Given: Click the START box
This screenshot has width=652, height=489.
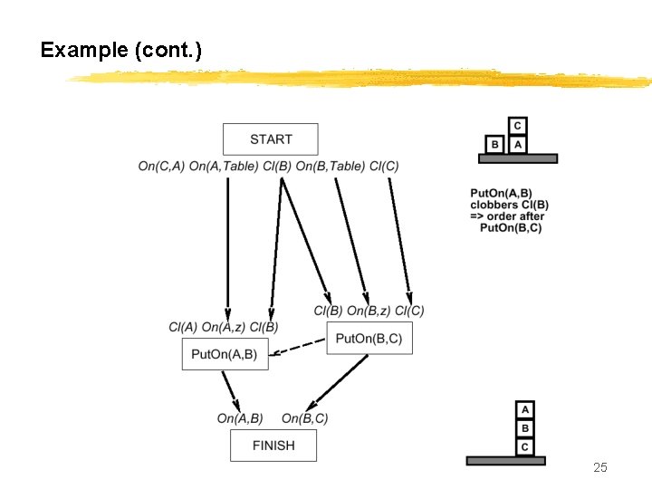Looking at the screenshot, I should (x=270, y=139).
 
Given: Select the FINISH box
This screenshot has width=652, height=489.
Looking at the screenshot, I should (x=273, y=446).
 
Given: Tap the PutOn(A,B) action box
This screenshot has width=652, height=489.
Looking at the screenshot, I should (x=225, y=354).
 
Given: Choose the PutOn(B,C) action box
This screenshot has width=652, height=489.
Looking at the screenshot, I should (x=369, y=338).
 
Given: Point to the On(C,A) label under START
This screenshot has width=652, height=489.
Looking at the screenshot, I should (x=161, y=166).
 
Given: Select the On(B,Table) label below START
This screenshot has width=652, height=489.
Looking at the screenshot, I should (x=331, y=166).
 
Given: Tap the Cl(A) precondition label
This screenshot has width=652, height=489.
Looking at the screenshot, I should (x=183, y=327).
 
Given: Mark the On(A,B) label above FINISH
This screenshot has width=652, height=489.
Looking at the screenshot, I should (x=240, y=418).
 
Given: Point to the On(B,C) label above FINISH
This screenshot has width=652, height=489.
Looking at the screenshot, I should (x=304, y=418).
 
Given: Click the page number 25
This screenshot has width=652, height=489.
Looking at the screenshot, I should (x=599, y=467).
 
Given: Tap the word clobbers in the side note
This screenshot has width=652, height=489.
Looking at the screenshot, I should (x=496, y=205).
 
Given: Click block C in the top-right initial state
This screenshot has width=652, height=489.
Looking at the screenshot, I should (x=517, y=127).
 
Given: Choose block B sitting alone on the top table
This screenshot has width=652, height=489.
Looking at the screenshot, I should (x=494, y=144).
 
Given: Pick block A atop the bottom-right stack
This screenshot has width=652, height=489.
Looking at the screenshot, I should (x=525, y=409).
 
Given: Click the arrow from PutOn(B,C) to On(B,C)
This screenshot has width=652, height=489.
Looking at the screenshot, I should (x=340, y=382).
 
